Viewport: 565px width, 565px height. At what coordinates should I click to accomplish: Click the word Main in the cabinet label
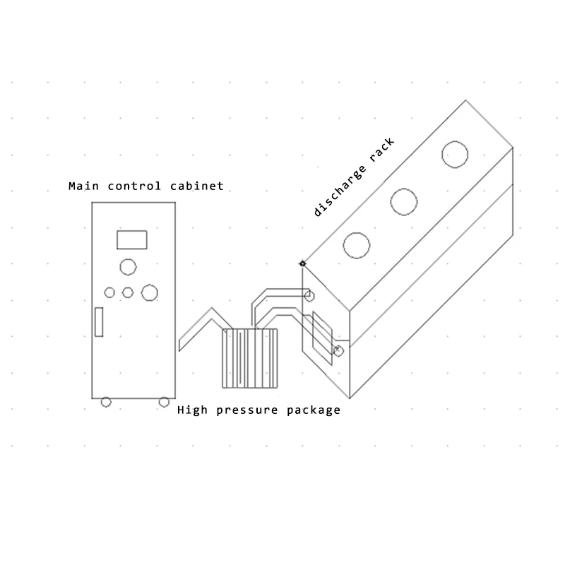[x=83, y=186]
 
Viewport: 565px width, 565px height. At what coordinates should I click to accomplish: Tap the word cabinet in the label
[x=197, y=186]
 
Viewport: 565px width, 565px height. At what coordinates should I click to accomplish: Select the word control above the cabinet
[x=134, y=186]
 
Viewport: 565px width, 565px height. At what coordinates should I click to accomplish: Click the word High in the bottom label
[x=192, y=410]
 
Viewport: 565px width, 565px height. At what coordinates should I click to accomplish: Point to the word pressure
[x=247, y=411]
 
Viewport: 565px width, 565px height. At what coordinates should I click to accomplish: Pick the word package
[x=314, y=411]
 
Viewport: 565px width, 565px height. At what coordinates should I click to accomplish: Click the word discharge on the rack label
[x=340, y=191]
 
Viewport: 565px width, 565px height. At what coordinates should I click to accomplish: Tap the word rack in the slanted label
[x=382, y=149]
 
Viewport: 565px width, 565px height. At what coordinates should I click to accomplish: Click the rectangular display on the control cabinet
[x=132, y=240]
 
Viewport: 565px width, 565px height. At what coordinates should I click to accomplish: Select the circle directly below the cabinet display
[x=128, y=267]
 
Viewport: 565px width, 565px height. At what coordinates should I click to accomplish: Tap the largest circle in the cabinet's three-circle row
[x=150, y=292]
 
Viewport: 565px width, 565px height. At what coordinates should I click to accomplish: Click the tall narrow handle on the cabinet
[x=99, y=322]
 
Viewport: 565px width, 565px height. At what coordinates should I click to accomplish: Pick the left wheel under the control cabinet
[x=106, y=402]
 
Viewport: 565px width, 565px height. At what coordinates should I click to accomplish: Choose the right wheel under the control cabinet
[x=164, y=402]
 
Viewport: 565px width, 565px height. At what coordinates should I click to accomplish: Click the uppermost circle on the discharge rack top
[x=455, y=155]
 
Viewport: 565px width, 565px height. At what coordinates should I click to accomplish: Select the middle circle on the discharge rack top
[x=404, y=202]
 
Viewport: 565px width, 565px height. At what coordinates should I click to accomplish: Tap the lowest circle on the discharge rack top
[x=357, y=245]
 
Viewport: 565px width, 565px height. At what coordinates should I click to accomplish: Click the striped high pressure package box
[x=250, y=358]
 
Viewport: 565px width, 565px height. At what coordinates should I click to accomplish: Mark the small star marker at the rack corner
[x=302, y=263]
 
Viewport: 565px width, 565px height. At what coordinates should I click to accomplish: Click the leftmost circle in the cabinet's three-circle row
[x=109, y=292]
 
